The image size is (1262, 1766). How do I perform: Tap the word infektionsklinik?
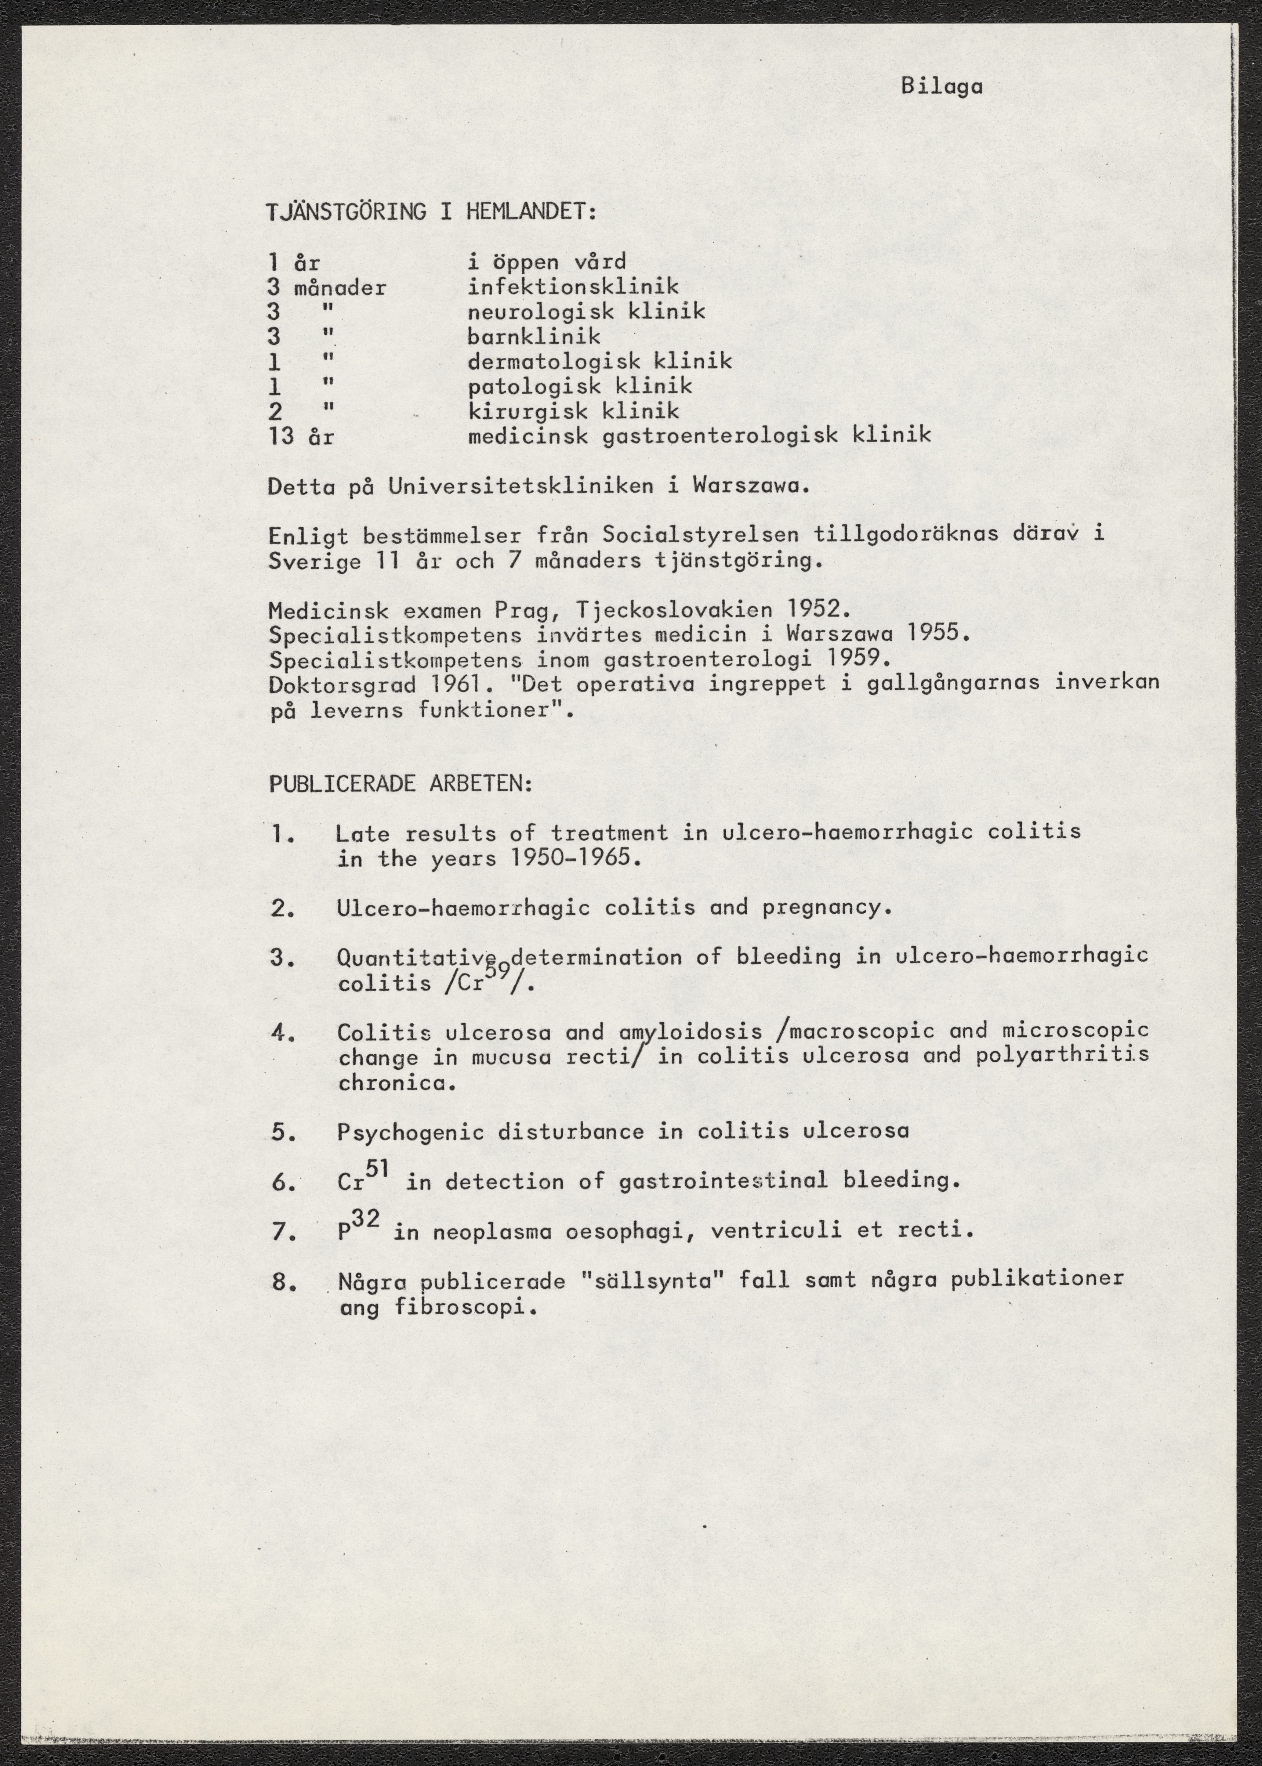click(x=573, y=288)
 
